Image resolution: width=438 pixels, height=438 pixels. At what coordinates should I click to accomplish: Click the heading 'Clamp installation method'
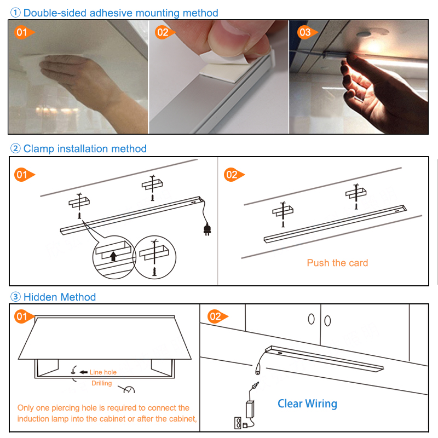pyautogui.click(x=85, y=148)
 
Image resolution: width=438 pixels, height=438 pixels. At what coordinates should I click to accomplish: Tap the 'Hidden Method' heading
pyautogui.click(x=59, y=297)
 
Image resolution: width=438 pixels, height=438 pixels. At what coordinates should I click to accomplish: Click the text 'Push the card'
pyautogui.click(x=337, y=263)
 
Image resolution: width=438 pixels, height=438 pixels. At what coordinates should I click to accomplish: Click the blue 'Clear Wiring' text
pyautogui.click(x=307, y=404)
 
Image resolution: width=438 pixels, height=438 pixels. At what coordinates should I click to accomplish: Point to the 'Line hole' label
pyautogui.click(x=103, y=372)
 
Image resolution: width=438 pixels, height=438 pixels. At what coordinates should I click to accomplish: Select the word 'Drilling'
pyautogui.click(x=101, y=383)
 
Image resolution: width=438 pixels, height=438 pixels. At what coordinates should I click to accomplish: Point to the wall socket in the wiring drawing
pyautogui.click(x=238, y=423)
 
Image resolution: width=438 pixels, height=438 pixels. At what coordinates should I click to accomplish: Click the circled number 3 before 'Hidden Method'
pyautogui.click(x=16, y=297)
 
